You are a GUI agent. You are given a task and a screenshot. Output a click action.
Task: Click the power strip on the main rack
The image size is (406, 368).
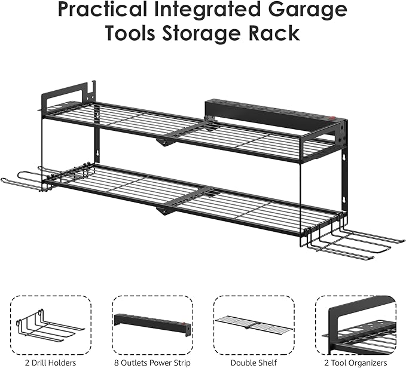pyautogui.click(x=269, y=114)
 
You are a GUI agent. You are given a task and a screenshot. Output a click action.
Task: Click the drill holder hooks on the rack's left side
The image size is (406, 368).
pyautogui.click(x=30, y=180)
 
